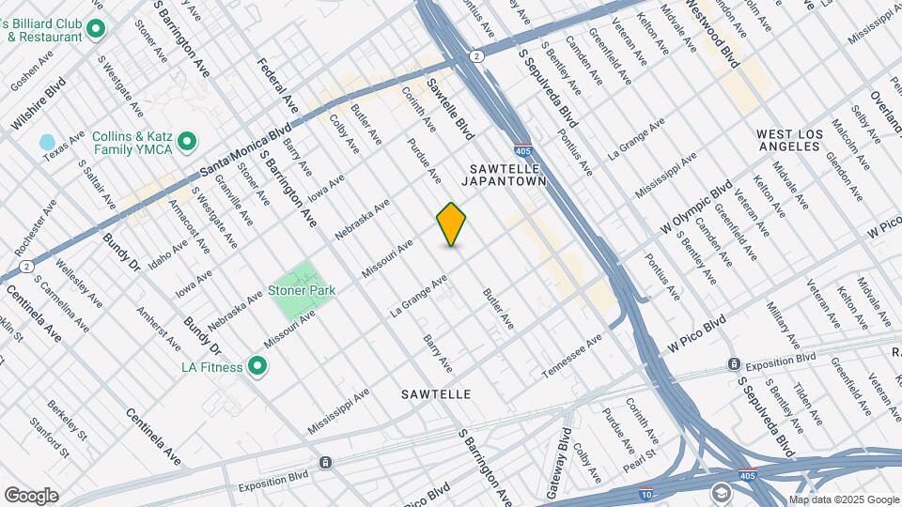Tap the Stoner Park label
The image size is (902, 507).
[302, 290]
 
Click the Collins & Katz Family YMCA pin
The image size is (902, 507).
[187, 142]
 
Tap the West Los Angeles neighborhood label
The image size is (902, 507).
[789, 142]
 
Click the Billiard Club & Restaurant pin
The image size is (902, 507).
[95, 30]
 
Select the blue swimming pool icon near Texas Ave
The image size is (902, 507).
[47, 142]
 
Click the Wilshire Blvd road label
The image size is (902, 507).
[38, 112]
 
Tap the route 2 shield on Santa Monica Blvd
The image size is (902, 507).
[477, 56]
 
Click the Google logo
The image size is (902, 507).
[31, 495]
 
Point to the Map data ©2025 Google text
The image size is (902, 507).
[844, 499]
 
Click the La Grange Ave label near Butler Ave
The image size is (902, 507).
[418, 294]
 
